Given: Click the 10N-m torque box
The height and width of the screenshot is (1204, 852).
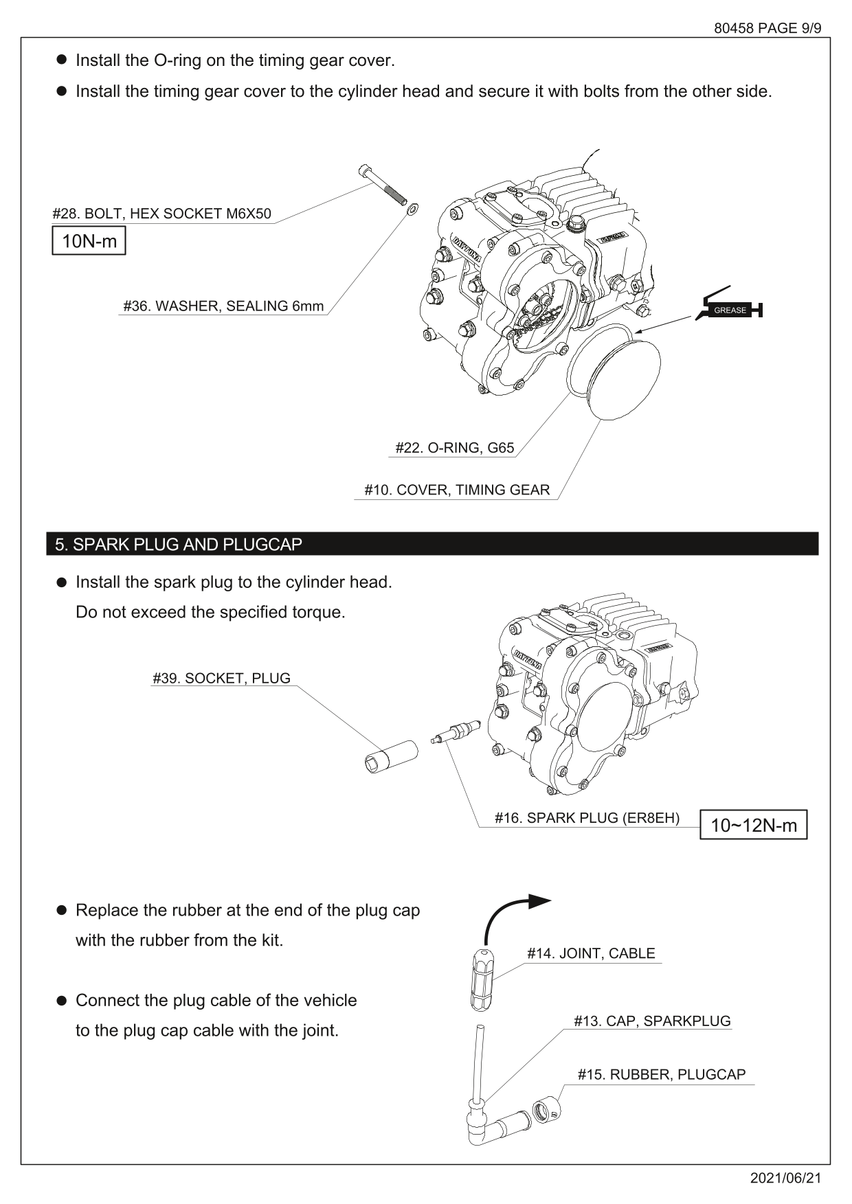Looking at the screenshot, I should pyautogui.click(x=89, y=241).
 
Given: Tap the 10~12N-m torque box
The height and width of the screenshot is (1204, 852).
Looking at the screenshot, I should pyautogui.click(x=753, y=825).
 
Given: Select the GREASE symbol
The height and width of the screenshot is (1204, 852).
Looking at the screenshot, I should pyautogui.click(x=729, y=310).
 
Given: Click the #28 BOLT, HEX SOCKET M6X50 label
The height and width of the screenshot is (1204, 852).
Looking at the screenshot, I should pyautogui.click(x=162, y=214).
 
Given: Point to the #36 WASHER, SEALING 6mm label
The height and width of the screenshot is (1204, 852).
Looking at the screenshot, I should pyautogui.click(x=223, y=306).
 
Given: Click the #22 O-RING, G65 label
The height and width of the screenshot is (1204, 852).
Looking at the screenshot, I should pyautogui.click(x=454, y=448).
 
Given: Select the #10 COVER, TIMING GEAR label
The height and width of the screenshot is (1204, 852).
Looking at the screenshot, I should pyautogui.click(x=457, y=490).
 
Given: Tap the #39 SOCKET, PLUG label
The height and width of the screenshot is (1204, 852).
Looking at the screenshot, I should pyautogui.click(x=221, y=679).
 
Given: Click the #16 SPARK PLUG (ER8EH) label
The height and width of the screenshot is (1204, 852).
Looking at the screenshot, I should pyautogui.click(x=587, y=818).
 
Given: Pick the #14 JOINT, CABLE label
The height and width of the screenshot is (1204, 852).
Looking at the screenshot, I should pyautogui.click(x=591, y=953).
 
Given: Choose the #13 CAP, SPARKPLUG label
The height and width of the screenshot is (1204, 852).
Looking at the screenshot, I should pyautogui.click(x=652, y=1021).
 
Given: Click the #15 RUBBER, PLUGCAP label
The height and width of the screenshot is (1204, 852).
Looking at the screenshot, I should pyautogui.click(x=661, y=1075).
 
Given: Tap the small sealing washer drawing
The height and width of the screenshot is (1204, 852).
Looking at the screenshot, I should pyautogui.click(x=412, y=208).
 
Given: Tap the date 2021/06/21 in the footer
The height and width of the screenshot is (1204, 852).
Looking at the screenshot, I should pyautogui.click(x=785, y=1178).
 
